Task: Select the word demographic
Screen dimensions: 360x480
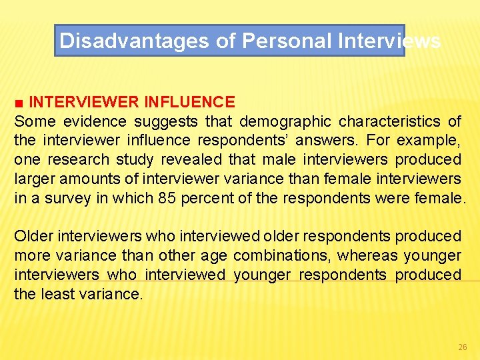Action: pos(285,121)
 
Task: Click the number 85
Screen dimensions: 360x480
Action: pos(168,199)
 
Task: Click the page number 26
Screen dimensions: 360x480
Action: pos(463,347)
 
